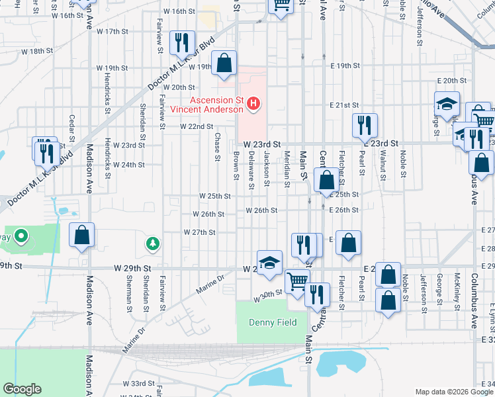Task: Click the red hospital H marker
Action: (x=253, y=103)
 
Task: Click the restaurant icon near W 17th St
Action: (x=180, y=43)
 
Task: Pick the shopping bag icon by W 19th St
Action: (x=225, y=64)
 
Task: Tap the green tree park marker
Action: (x=153, y=245)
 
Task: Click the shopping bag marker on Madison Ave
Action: (x=82, y=235)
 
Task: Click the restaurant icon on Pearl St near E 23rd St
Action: (x=365, y=124)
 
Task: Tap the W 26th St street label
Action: (x=208, y=214)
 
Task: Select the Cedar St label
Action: (x=72, y=123)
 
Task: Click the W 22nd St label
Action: (x=197, y=126)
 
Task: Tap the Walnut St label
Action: (x=382, y=161)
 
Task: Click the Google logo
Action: (x=22, y=389)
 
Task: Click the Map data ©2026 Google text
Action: (x=453, y=392)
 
